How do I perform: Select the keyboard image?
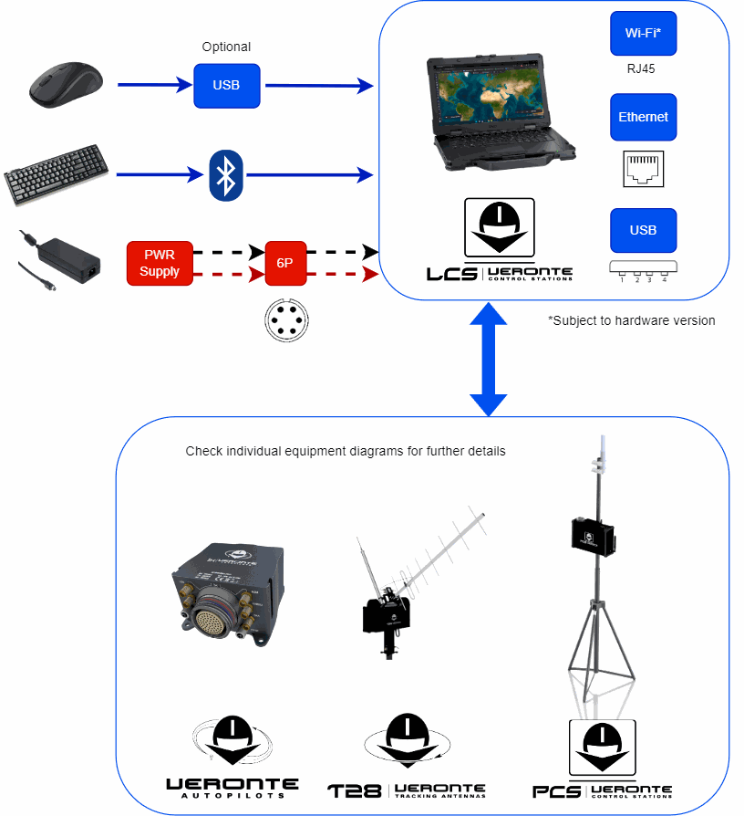(x=56, y=173)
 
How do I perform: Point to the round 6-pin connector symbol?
(x=285, y=320)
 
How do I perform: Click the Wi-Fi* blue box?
(x=643, y=33)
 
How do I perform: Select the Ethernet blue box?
(x=643, y=117)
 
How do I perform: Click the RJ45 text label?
(x=642, y=68)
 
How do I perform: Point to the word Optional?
(x=226, y=47)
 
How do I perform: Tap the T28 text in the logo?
(x=354, y=790)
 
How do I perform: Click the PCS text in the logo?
(x=556, y=790)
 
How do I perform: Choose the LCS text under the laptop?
(x=452, y=273)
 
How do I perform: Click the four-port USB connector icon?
(x=643, y=269)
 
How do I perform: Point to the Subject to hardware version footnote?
(x=631, y=320)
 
